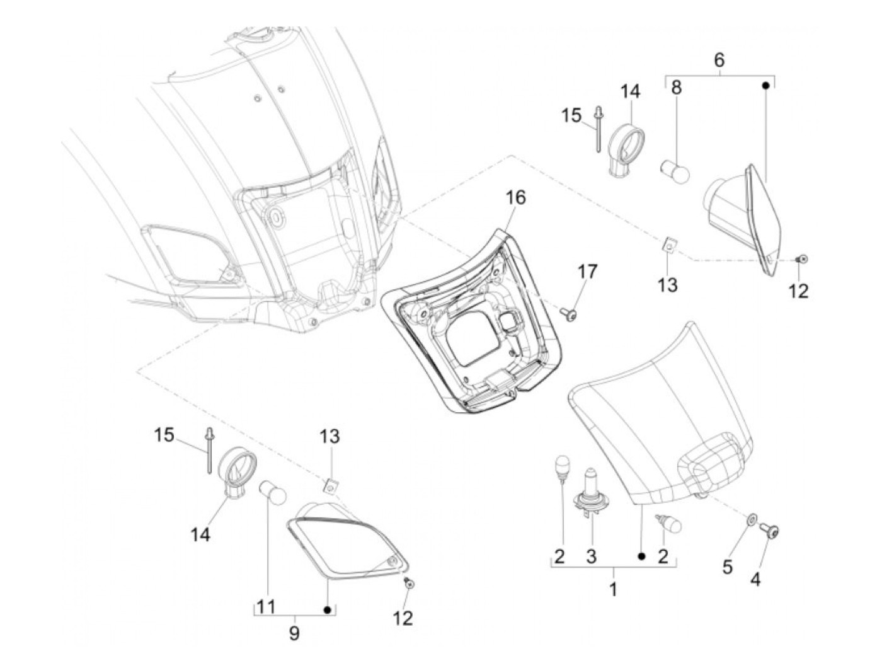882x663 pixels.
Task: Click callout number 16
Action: coord(515,198)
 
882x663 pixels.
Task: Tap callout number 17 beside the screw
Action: coord(587,273)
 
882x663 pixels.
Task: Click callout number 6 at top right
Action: coord(719,61)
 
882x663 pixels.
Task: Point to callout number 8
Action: coord(676,88)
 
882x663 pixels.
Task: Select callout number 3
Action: coord(591,556)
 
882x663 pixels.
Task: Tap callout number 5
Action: coord(727,567)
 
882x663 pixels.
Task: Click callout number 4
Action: coord(755,579)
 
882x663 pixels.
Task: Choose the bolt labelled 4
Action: coord(770,532)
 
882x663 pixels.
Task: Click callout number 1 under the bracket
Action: coord(613,590)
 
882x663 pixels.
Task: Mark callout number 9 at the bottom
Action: coord(294,633)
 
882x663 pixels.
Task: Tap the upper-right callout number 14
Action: coord(629,92)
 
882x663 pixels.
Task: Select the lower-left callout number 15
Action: coord(165,435)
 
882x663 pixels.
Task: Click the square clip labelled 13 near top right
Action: coord(669,244)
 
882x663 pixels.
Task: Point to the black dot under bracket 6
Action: coord(766,84)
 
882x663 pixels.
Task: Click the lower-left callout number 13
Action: coord(329,435)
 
